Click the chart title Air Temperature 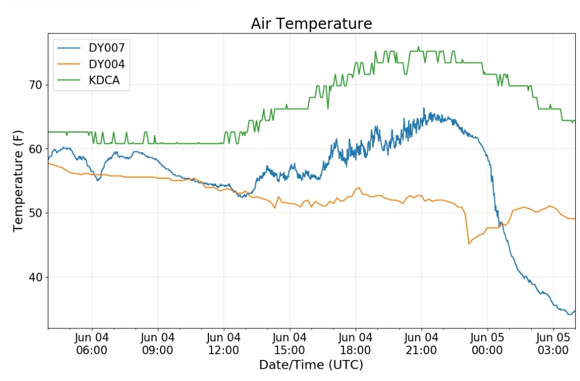(x=311, y=24)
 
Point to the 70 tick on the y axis (x=35, y=85)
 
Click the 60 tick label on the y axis (x=35, y=149)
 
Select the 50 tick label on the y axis (x=35, y=213)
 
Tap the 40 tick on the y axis (x=35, y=277)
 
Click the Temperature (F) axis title (x=18, y=181)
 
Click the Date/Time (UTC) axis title (x=311, y=365)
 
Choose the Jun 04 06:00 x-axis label (x=92, y=343)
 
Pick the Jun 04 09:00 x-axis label (x=157, y=343)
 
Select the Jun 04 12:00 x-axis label (x=223, y=343)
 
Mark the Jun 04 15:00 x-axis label (x=289, y=343)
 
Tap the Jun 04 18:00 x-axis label (x=356, y=343)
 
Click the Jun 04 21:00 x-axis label (x=422, y=343)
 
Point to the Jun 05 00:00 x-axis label (x=487, y=343)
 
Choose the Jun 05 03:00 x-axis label (x=553, y=343)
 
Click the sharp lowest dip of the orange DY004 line (x=469, y=244)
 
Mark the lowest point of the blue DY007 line (x=570, y=314)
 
